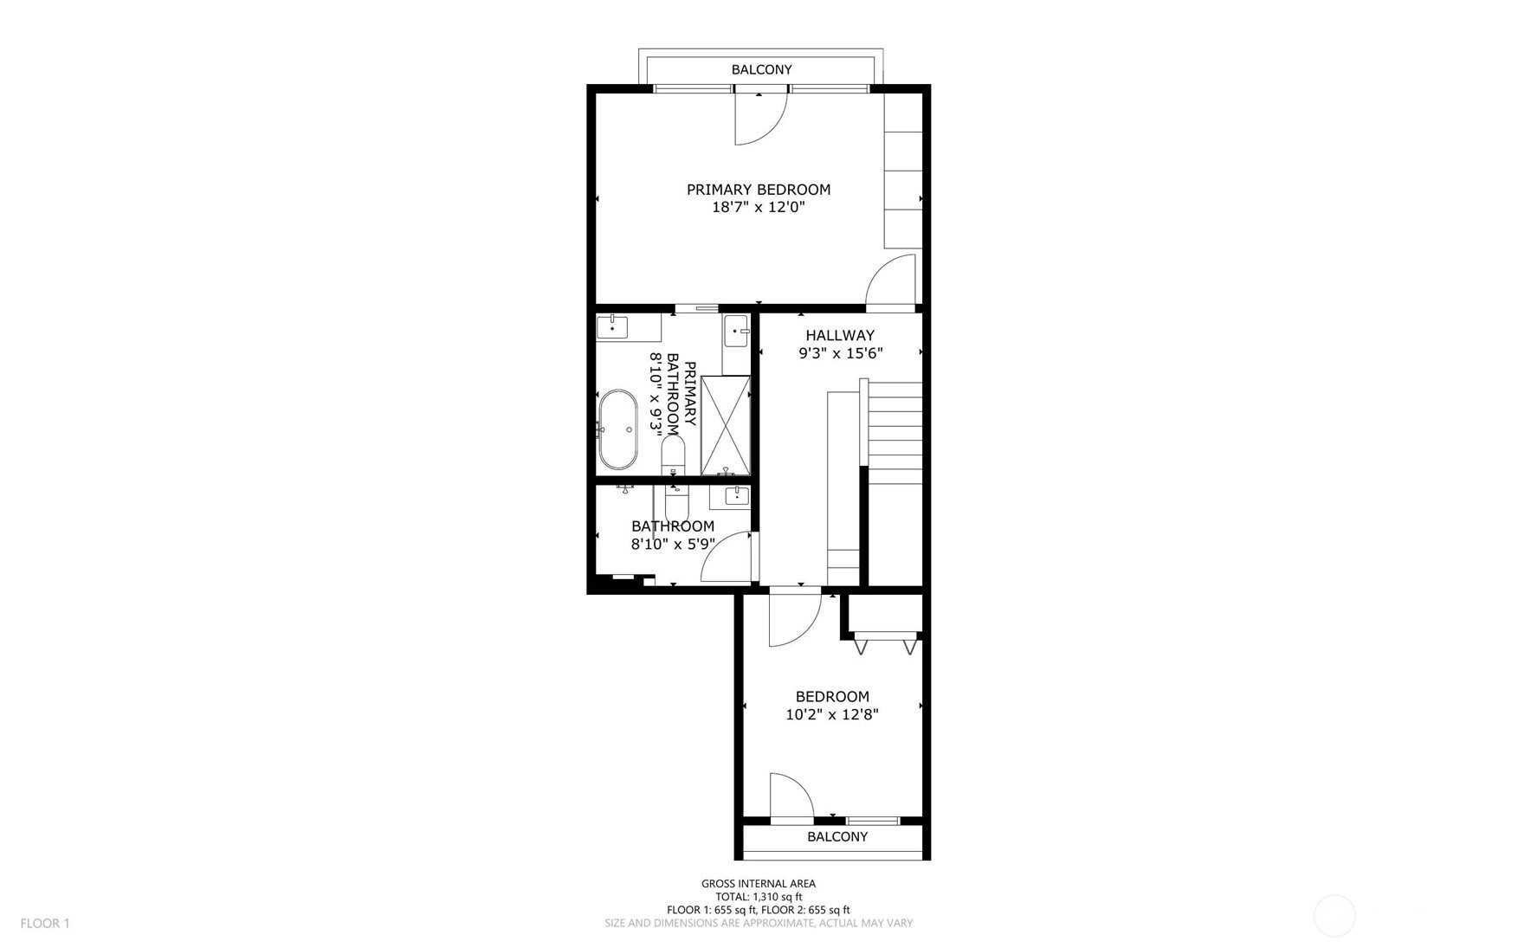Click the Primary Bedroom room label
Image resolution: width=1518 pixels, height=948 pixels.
click(759, 190)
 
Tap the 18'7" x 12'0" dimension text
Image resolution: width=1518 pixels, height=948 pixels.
click(759, 208)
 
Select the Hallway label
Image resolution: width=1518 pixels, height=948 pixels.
click(840, 335)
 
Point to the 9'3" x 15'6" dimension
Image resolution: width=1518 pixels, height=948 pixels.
click(840, 353)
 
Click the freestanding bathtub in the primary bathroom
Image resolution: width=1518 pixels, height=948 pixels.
click(617, 429)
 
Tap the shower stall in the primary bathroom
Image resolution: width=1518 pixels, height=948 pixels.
click(725, 425)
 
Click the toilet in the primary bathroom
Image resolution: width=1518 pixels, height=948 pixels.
click(673, 455)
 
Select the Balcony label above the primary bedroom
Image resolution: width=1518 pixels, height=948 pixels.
click(761, 69)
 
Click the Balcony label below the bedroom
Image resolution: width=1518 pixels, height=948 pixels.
click(837, 836)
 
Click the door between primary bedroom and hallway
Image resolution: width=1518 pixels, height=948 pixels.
click(891, 282)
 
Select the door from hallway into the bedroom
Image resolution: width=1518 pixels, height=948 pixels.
click(794, 618)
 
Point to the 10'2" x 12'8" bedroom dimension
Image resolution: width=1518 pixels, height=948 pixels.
click(832, 715)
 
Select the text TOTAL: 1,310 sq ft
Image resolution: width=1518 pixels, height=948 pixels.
click(759, 897)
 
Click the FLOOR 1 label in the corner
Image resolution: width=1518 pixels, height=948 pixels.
click(45, 924)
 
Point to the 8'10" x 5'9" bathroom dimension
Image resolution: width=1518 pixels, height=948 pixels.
click(673, 545)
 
